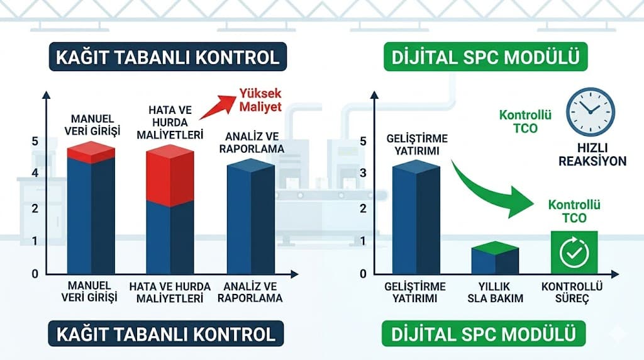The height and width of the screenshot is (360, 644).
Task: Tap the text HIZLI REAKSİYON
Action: pyautogui.click(x=592, y=154)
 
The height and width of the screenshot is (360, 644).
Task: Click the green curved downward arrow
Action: pyautogui.click(x=497, y=189)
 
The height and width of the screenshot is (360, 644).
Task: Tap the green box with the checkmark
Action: pyautogui.click(x=574, y=252)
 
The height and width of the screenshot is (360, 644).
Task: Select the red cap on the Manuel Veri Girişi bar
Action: pyautogui.click(x=91, y=152)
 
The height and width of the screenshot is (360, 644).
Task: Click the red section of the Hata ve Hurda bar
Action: pyautogui.click(x=170, y=175)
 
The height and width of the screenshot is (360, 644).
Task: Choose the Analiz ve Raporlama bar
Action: pyautogui.click(x=250, y=217)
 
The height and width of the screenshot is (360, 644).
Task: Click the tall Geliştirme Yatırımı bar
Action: pyautogui.click(x=416, y=217)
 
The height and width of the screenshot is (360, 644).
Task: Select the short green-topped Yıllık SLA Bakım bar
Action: pyautogui.click(x=495, y=258)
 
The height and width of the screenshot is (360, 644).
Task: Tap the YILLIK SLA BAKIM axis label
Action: pyautogui.click(x=495, y=293)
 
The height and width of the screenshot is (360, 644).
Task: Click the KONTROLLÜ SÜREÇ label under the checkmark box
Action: pyautogui.click(x=572, y=293)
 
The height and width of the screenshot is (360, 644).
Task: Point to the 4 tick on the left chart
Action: pyautogui.click(x=35, y=172)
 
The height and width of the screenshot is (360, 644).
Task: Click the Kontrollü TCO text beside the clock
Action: pyautogui.click(x=525, y=121)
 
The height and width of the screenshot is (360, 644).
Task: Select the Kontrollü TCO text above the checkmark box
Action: pyautogui.click(x=574, y=211)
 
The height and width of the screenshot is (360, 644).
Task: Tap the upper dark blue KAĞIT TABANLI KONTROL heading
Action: pyautogui.click(x=167, y=58)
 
